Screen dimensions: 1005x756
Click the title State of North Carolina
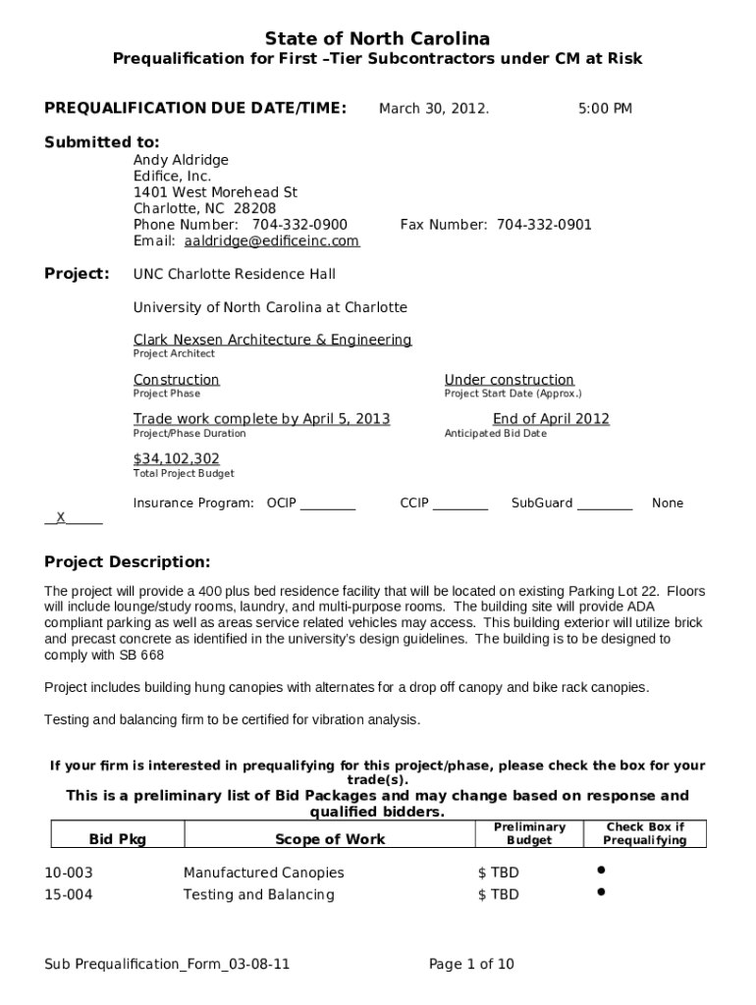377,38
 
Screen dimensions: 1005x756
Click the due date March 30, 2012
434,109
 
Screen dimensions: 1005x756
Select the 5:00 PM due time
605,109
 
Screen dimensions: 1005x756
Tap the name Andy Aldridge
181,160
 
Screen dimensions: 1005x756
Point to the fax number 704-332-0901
544,225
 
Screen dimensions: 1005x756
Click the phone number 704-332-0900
299,225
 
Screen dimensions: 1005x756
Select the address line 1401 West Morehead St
215,192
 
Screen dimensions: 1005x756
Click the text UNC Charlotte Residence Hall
234,275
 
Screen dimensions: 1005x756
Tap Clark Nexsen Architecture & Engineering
272,340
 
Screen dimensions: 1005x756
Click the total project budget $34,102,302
177,459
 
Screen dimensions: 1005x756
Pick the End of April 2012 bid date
551,419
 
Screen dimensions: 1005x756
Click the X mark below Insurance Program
61,517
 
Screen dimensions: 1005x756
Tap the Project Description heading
127,562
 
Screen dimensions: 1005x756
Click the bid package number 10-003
69,873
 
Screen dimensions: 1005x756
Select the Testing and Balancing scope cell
258,895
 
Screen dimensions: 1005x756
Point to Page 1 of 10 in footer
471,965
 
